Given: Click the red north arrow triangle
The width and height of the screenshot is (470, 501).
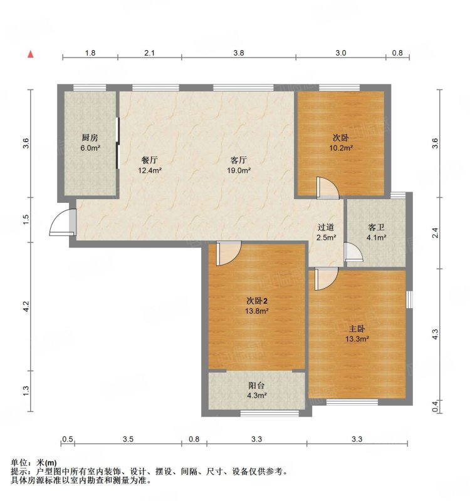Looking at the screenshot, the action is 31,54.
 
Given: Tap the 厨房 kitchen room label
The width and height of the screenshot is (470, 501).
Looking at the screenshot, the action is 90,138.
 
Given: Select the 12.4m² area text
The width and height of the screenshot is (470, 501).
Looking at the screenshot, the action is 150,170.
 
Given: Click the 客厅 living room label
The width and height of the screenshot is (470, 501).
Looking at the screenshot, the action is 239,160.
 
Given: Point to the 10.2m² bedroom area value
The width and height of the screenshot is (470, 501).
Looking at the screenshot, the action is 341,148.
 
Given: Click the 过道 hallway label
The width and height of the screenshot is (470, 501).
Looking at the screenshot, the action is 326,227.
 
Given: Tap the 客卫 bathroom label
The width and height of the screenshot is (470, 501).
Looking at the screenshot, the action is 377,227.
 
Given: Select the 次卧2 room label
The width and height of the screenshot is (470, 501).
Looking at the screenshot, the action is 257,301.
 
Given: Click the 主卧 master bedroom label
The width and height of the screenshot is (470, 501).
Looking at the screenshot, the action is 357,329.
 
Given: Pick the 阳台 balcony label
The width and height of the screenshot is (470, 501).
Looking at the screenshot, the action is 257,386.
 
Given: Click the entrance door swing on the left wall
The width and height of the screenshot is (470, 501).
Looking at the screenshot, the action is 63,222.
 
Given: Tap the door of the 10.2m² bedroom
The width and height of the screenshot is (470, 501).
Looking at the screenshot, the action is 327,189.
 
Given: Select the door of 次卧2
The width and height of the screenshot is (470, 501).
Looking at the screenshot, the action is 228,254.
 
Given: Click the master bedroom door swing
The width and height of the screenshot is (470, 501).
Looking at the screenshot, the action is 326,279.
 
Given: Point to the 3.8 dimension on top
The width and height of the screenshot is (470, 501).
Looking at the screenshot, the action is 239,53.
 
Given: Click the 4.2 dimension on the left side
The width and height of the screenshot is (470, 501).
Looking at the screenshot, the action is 26,307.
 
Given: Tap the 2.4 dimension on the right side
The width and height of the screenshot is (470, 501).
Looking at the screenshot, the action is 435,233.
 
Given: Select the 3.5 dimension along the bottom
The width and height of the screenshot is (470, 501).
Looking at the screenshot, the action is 128,440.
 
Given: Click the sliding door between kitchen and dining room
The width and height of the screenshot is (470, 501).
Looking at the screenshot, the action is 118,143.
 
